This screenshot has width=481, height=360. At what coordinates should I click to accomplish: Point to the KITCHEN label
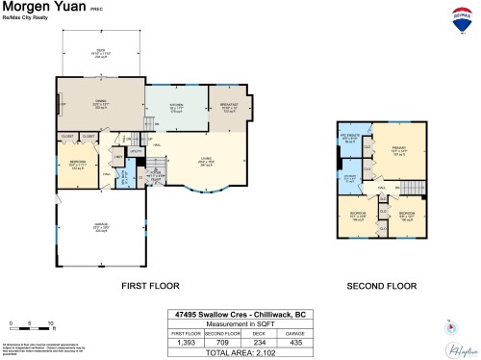point(175,108)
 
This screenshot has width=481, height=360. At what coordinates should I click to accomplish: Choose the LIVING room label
point(206,161)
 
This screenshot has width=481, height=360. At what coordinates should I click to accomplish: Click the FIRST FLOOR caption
point(149,286)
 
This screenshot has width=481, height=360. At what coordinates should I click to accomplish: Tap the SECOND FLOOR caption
point(383,286)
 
